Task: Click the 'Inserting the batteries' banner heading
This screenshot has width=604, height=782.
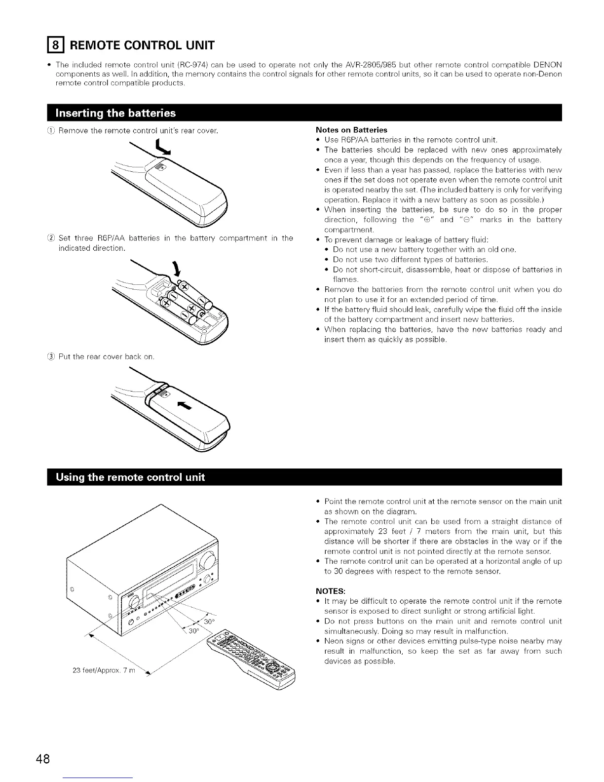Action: [x=116, y=113]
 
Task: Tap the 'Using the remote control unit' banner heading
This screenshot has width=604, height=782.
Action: [x=131, y=477]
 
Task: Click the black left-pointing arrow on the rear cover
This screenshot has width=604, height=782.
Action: [x=184, y=405]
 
